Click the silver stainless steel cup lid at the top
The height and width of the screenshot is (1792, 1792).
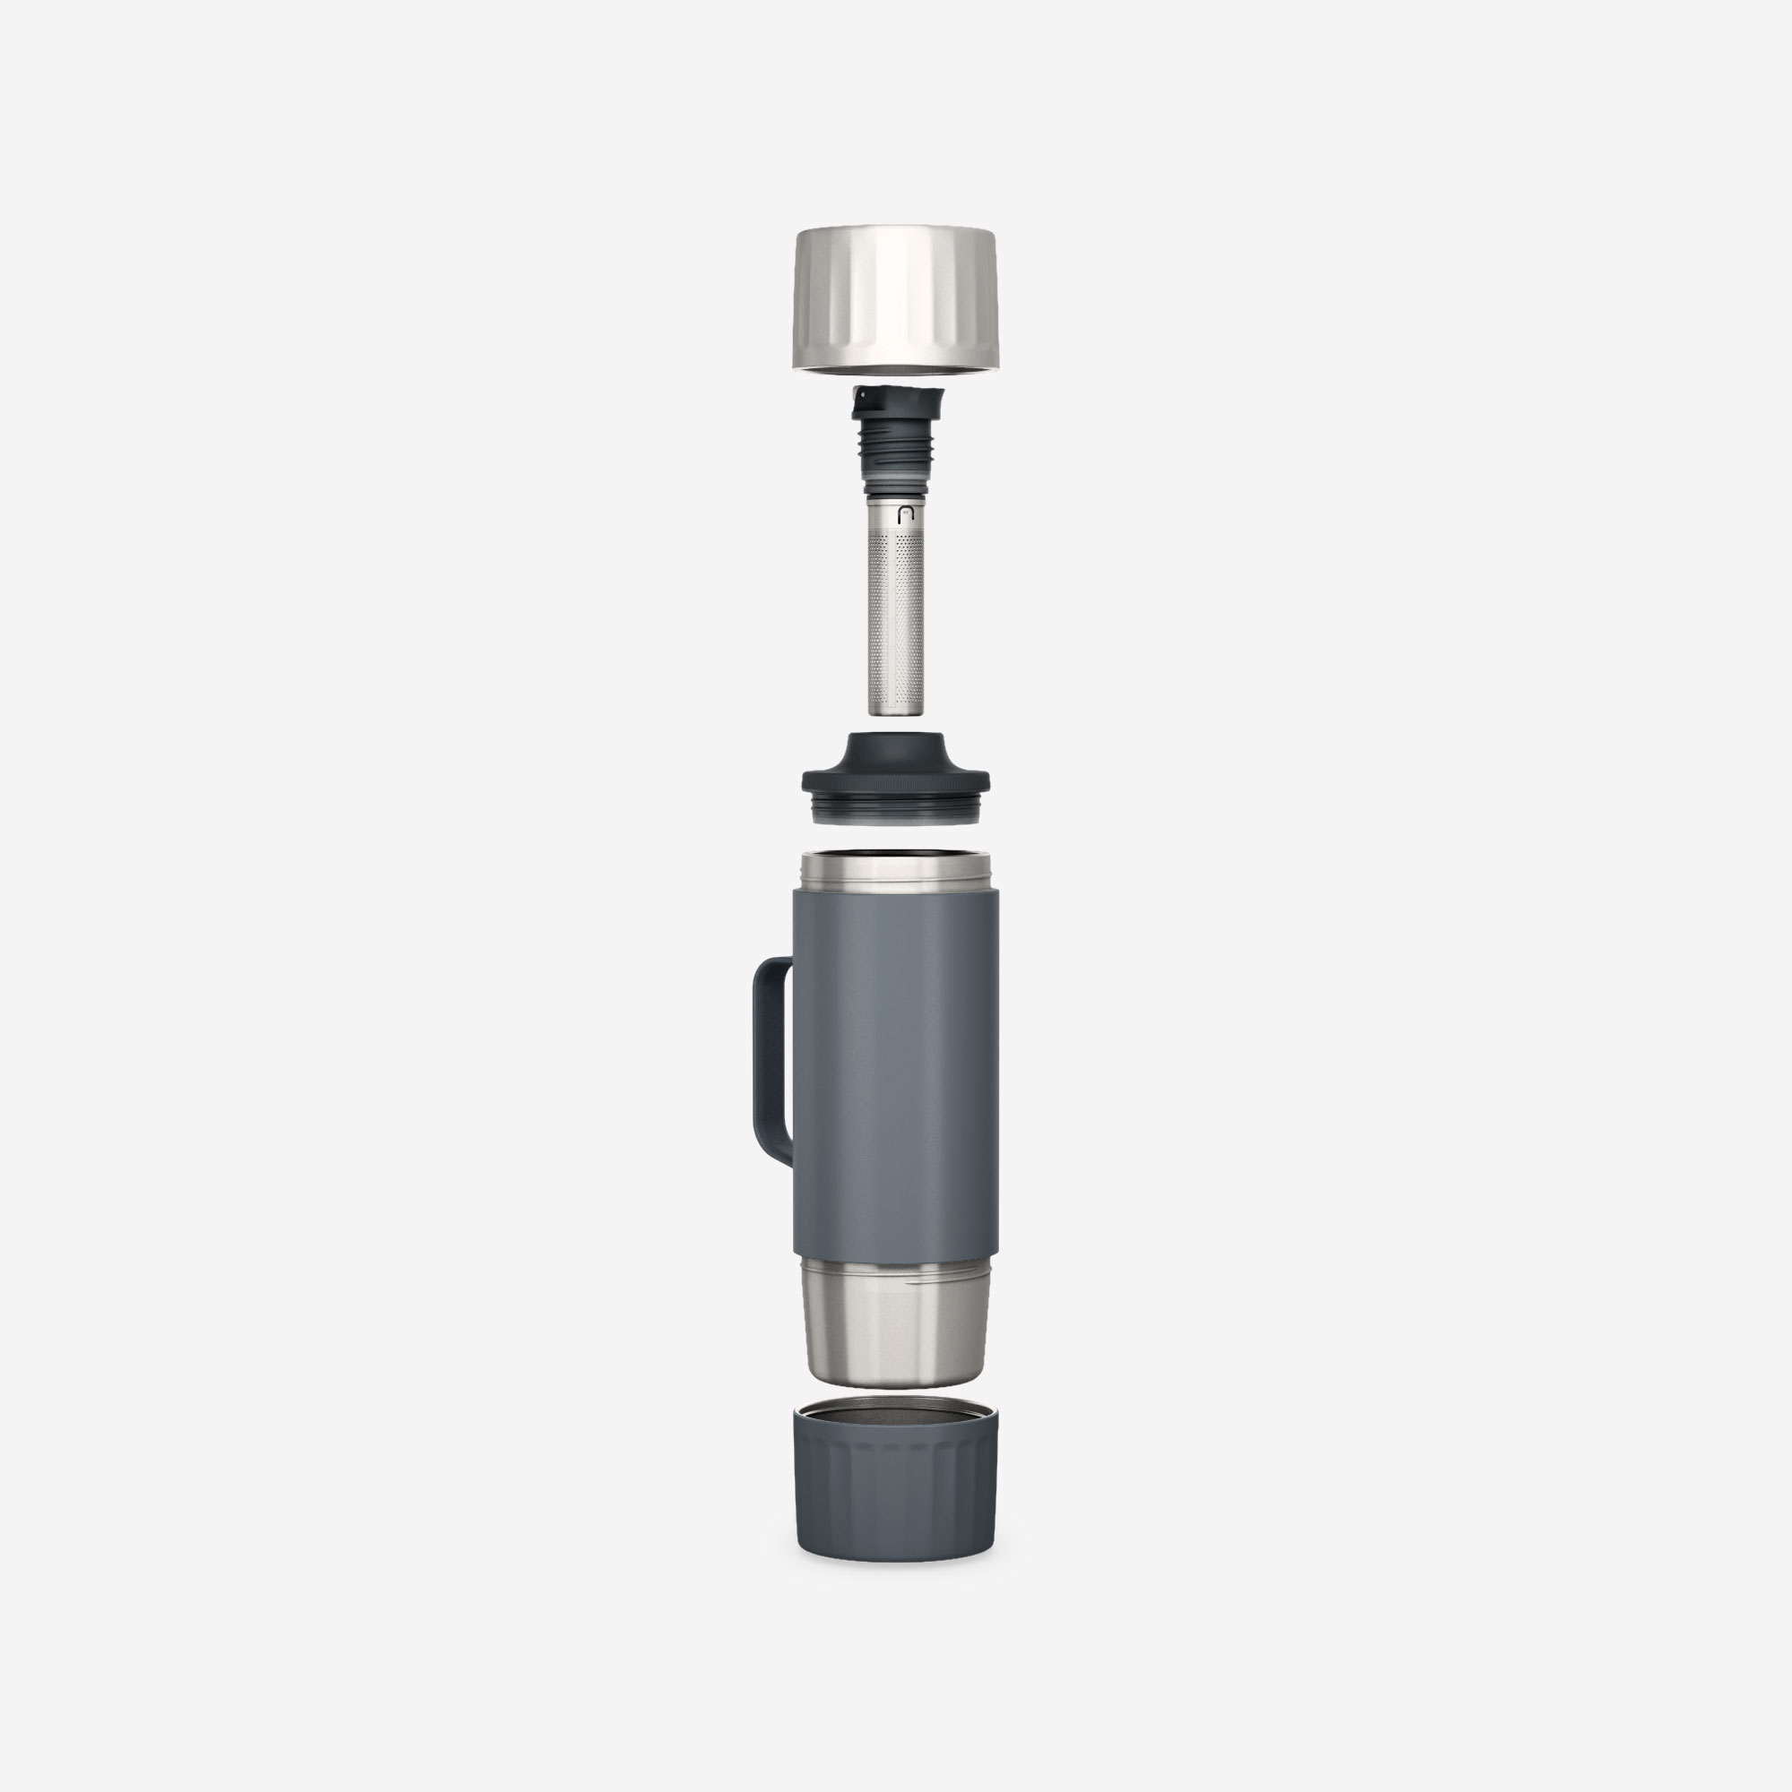pyautogui.click(x=896, y=297)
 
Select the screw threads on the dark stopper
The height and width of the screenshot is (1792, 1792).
pyautogui.click(x=896, y=450)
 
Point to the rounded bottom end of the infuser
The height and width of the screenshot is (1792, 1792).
pyautogui.click(x=896, y=709)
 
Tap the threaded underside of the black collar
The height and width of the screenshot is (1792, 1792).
pyautogui.click(x=896, y=811)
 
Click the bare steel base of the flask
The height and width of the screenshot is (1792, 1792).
pyautogui.click(x=896, y=1336)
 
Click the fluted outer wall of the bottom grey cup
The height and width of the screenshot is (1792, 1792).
pyautogui.click(x=896, y=1494)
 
